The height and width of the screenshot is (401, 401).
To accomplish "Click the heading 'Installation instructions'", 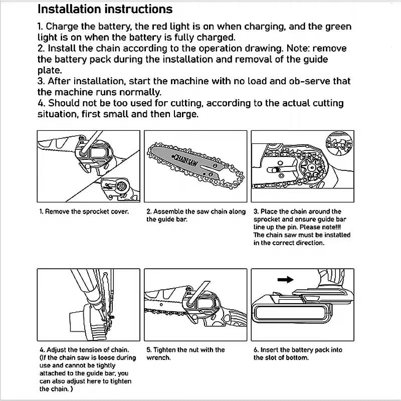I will coord(105,9).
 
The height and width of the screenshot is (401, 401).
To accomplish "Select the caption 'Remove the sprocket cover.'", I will coord(84,212).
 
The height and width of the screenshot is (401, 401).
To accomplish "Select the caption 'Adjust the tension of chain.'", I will coord(84,350).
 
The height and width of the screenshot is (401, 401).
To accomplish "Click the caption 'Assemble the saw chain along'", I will coord(196,212).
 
